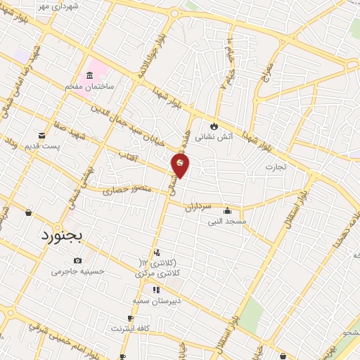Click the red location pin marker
point(180,165)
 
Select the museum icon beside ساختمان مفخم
point(89,76)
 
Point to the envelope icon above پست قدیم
point(41,135)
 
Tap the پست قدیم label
point(41,146)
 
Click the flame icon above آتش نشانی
point(211,124)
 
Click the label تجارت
point(275,167)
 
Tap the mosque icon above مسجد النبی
point(226,210)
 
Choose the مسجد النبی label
point(226,221)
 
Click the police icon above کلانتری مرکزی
point(156,252)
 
